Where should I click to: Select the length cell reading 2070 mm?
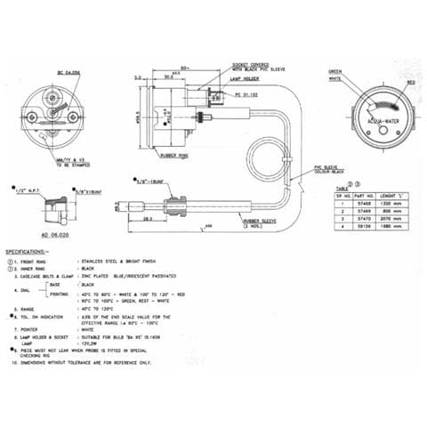point(395,218)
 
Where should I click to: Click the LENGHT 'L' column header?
point(395,194)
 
